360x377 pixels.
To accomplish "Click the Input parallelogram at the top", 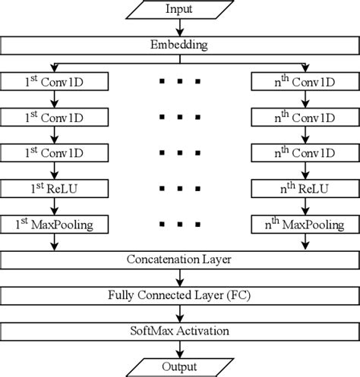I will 180,10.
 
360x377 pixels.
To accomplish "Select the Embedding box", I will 180,45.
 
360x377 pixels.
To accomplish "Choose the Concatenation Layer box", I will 180,260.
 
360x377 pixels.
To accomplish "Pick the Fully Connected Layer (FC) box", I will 180,296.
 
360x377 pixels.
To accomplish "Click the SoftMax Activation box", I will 180,331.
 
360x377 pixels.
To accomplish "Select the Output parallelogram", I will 180,366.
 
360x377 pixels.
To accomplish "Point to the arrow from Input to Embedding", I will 180,27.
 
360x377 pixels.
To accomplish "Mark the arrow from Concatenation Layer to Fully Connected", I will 180,278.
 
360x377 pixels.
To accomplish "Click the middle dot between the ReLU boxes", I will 180,189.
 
